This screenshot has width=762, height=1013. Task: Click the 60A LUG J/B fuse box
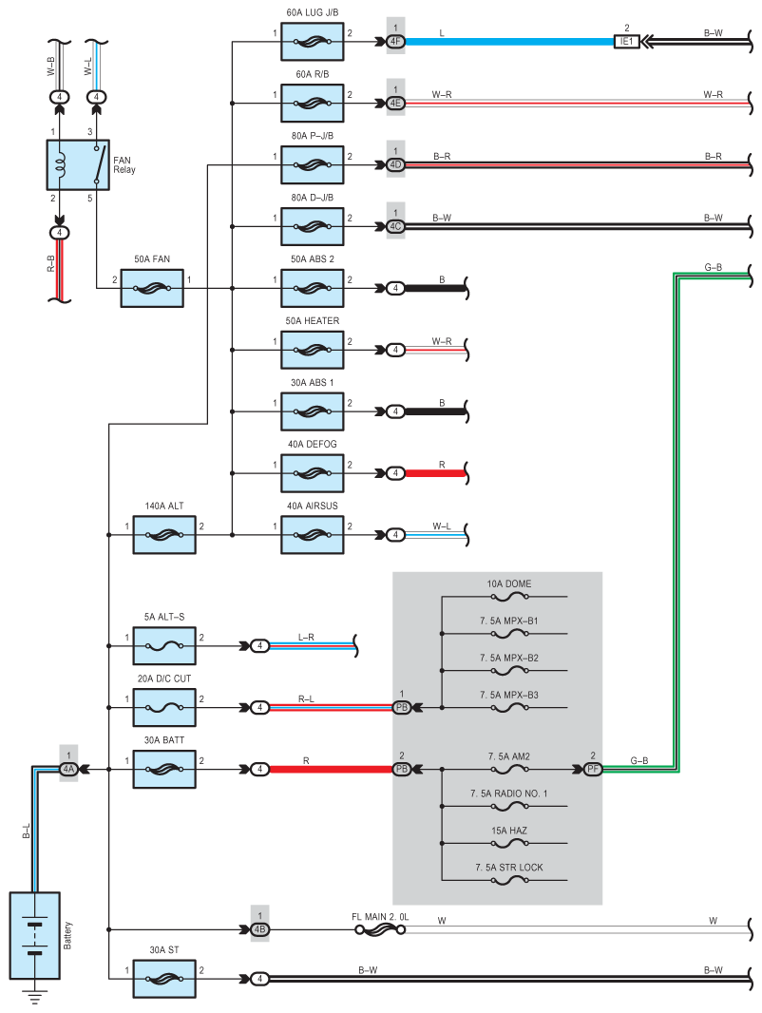[x=312, y=42]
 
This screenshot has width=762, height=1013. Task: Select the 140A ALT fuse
[x=164, y=535]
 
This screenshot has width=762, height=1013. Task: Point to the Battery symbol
[x=34, y=935]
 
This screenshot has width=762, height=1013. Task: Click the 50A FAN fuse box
[x=152, y=287]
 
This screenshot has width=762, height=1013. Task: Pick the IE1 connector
[x=626, y=42]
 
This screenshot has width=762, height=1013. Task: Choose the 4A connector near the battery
[x=68, y=768]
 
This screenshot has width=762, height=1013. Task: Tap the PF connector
[x=593, y=768]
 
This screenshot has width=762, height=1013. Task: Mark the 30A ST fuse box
[x=164, y=977]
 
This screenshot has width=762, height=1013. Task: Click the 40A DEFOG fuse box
[x=312, y=472]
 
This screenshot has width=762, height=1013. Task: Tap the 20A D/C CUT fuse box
[x=164, y=707]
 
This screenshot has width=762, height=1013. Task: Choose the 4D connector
[x=395, y=163]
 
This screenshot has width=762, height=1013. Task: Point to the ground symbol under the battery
[x=34, y=998]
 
